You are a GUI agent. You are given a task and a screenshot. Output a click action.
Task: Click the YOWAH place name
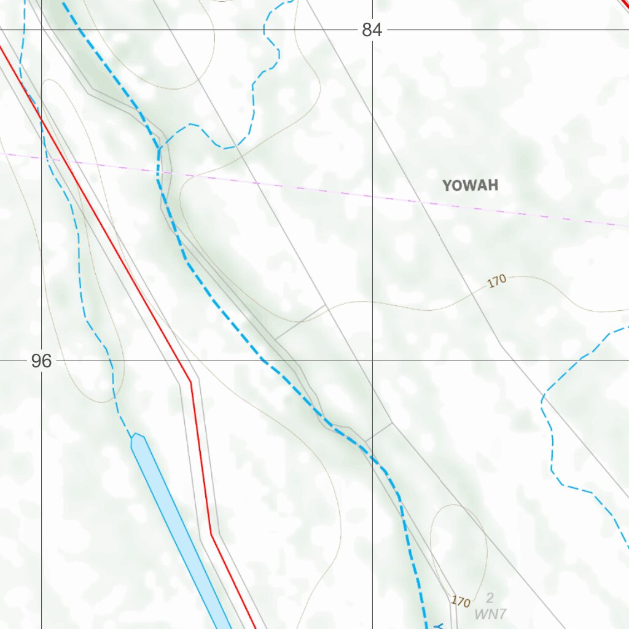click(470, 185)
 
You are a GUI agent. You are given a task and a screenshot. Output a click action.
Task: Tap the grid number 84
click(371, 30)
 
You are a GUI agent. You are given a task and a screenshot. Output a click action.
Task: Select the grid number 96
click(42, 361)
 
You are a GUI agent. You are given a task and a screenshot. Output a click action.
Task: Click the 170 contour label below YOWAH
click(497, 281)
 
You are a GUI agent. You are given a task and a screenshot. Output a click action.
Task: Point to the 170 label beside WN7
click(461, 601)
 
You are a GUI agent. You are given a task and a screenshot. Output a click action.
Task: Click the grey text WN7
click(490, 612)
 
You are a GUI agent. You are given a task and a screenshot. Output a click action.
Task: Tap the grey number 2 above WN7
click(490, 598)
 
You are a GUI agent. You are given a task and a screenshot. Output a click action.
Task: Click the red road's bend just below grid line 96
click(190, 381)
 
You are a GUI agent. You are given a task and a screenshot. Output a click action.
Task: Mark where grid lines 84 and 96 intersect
click(372, 361)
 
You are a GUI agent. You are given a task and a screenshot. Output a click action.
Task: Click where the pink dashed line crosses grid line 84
click(372, 196)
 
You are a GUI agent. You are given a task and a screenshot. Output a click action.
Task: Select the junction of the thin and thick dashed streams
click(160, 147)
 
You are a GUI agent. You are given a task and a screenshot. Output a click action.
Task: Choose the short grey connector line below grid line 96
click(379, 431)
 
